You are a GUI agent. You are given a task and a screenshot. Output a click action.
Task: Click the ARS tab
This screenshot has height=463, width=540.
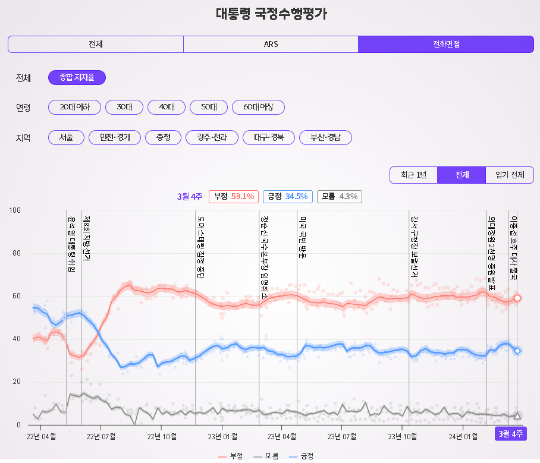pyautogui.click(x=271, y=44)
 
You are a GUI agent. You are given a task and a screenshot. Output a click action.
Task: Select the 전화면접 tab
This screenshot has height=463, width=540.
pyautogui.click(x=446, y=44)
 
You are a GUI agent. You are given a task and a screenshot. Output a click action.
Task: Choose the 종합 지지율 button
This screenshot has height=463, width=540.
pyautogui.click(x=77, y=77)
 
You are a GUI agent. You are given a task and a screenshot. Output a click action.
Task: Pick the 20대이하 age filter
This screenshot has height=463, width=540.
pyautogui.click(x=75, y=108)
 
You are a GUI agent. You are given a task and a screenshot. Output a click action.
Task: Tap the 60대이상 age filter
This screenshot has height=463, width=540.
pyautogui.click(x=258, y=108)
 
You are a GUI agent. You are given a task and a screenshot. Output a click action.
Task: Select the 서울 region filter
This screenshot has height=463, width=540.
pyautogui.click(x=66, y=138)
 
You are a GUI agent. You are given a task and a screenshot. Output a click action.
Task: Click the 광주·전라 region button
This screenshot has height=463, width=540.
pyautogui.click(x=212, y=138)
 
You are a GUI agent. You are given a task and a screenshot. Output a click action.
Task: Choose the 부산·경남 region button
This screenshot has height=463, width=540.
pyautogui.click(x=325, y=138)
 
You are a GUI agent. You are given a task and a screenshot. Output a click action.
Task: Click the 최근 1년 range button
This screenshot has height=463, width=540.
pyautogui.click(x=413, y=175)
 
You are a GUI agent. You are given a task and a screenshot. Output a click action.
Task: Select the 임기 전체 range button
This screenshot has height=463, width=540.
pyautogui.click(x=510, y=175)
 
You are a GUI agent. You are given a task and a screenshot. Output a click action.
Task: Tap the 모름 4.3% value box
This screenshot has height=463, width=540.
pyautogui.click(x=340, y=196)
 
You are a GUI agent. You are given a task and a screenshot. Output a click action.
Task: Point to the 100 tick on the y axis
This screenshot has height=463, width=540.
pyautogui.click(x=15, y=210)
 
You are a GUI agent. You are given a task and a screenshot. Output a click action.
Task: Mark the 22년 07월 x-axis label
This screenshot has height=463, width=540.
pyautogui.click(x=101, y=437)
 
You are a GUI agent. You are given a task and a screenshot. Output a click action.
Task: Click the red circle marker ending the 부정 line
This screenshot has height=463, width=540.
pyautogui.click(x=517, y=298)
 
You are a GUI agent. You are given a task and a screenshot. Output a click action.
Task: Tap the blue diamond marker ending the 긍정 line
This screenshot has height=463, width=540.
pyautogui.click(x=517, y=351)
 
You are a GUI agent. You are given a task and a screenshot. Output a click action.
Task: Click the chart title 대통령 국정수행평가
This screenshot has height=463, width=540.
pyautogui.click(x=271, y=14)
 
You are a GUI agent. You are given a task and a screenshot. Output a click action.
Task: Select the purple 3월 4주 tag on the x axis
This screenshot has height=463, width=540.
pyautogui.click(x=511, y=434)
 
